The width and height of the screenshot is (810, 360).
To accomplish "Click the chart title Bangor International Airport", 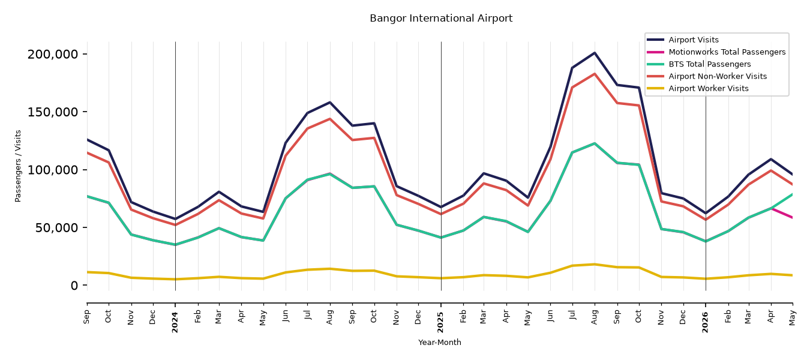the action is pos(441,19).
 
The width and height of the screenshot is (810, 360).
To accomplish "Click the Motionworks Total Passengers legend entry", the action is pos(716,52).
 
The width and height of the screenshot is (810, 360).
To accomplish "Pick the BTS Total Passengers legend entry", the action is pos(698,64).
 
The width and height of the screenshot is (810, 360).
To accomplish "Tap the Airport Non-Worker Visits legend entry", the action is pos(707,76).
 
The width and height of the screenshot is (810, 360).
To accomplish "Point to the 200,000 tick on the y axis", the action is pos(53,54).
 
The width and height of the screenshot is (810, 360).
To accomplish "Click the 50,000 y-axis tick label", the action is pos(57,228).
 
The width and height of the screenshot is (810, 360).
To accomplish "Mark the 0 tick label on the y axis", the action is pos(74,286).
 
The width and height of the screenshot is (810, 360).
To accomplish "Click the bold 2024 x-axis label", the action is pos(175,322).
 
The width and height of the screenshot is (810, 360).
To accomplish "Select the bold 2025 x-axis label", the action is pos(440,322).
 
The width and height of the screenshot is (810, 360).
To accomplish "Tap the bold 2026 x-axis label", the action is pos(706,322).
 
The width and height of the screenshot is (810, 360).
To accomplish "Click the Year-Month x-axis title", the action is pos(440,342).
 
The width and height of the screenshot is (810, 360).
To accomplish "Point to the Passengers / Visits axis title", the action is pos(18,166).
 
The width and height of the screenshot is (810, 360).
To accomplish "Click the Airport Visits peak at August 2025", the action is pos(595,53).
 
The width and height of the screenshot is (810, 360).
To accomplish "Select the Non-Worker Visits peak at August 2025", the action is pos(595,74).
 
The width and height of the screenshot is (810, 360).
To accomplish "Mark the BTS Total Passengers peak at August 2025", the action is pos(595,143).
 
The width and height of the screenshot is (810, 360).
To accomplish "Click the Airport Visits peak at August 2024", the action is pos(329,102).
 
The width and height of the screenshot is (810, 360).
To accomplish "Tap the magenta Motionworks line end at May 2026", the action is pos(792,218).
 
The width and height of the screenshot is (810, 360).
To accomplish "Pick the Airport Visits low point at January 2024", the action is pos(175,219).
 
